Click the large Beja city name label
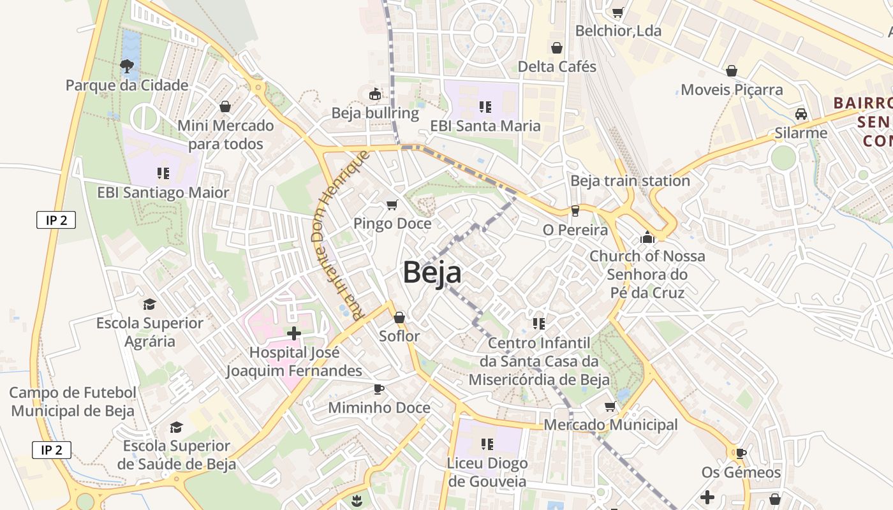click(432, 273)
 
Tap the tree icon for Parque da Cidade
click(127, 65)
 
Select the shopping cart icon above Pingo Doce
click(392, 205)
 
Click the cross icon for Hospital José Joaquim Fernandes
click(293, 333)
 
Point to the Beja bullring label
click(375, 113)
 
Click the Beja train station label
click(630, 181)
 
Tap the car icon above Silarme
click(801, 114)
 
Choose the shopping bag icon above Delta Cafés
click(557, 48)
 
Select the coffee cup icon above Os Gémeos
click(740, 453)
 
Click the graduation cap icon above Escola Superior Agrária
click(149, 304)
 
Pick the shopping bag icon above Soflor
click(399, 317)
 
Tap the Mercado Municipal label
click(610, 425)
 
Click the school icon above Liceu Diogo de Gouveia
click(487, 444)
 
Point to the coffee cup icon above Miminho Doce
click(379, 389)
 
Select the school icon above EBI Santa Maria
click(485, 106)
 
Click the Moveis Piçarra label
click(732, 90)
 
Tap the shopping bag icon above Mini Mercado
click(225, 106)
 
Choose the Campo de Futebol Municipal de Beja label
click(73, 402)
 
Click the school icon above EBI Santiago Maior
click(163, 173)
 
